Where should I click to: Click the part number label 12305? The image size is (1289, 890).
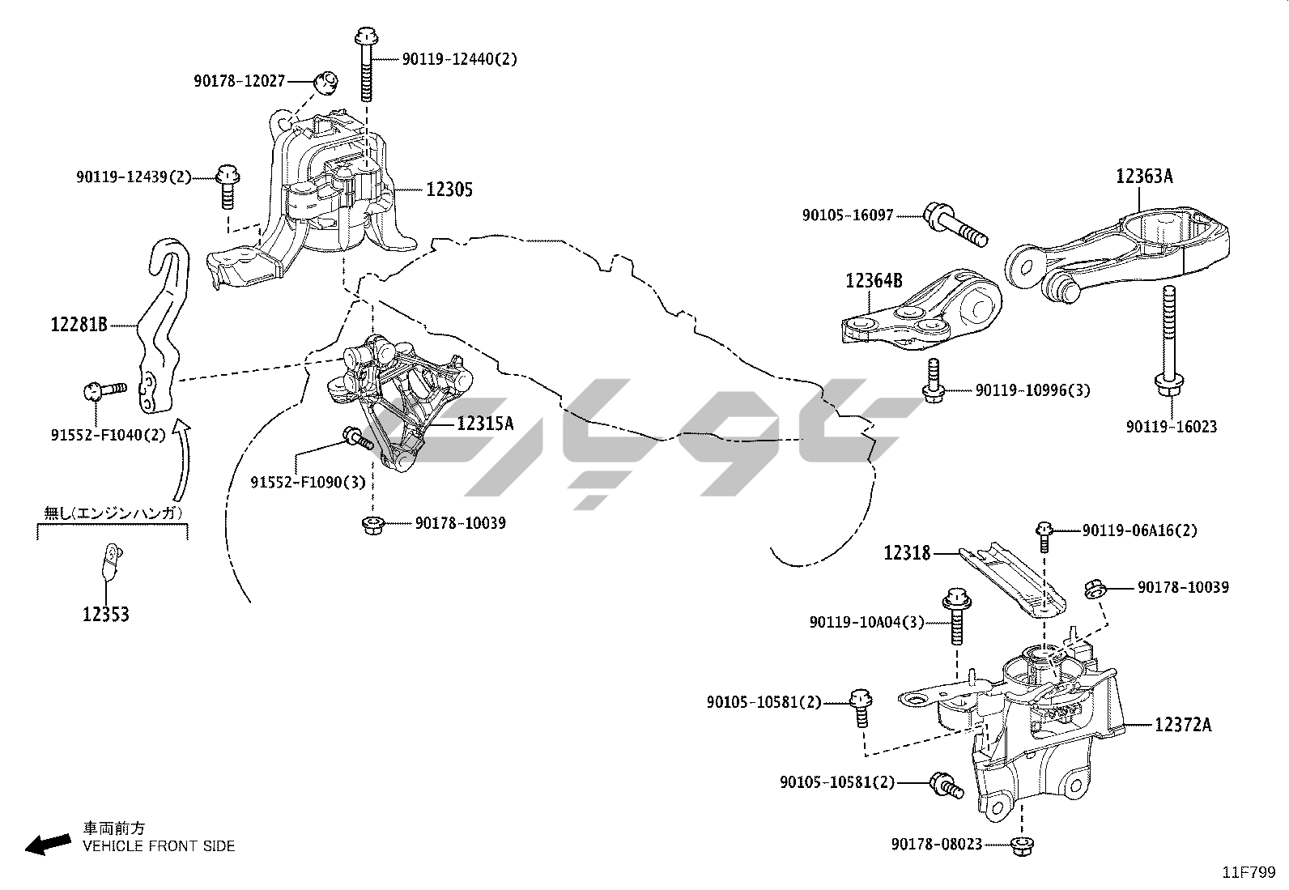click(x=449, y=190)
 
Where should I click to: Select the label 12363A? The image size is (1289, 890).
click(x=1144, y=177)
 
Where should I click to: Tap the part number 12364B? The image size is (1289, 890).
click(x=874, y=281)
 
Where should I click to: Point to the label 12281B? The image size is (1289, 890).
click(x=79, y=326)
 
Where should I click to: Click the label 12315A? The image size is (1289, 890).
click(x=485, y=424)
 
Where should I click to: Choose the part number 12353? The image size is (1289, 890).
click(x=105, y=615)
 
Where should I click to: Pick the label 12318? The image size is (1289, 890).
click(x=907, y=553)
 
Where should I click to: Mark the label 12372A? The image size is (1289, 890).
click(x=1183, y=725)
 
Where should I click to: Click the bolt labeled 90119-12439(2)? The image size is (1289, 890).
click(x=228, y=184)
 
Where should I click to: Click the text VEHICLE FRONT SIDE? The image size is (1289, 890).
click(x=159, y=846)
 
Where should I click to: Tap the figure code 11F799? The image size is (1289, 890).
click(x=1249, y=872)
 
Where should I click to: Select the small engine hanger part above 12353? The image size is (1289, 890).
click(x=110, y=560)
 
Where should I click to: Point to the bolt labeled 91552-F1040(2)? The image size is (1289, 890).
click(x=104, y=390)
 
